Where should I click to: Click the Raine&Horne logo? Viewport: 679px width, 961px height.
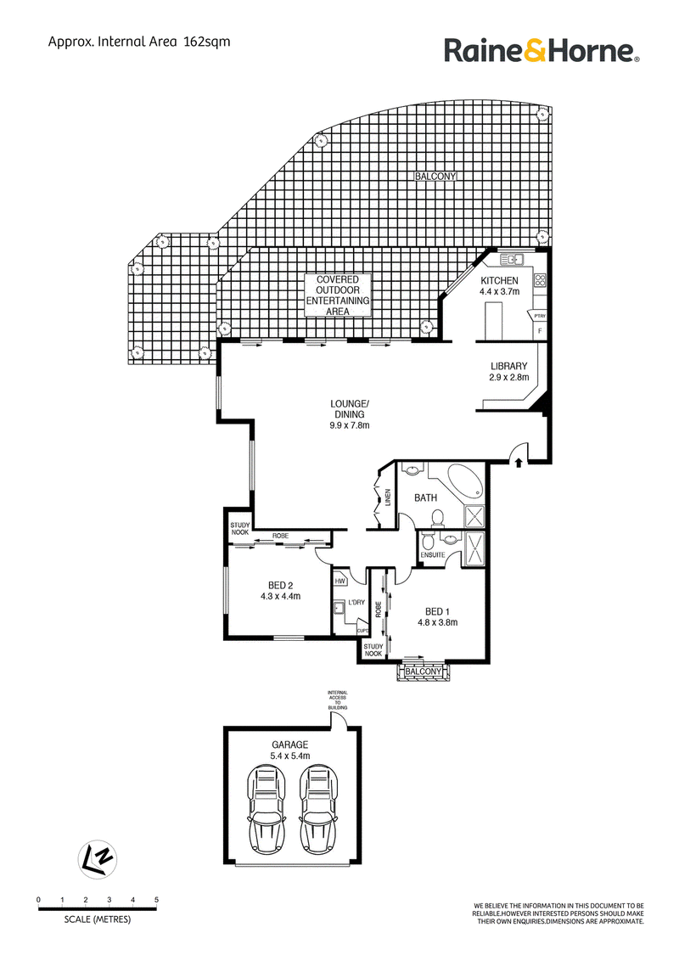(542, 51)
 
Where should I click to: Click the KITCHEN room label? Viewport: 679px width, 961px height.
(499, 281)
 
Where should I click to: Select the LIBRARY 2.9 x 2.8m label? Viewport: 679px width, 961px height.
(508, 372)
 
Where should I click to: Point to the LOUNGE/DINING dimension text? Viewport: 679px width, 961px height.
(350, 425)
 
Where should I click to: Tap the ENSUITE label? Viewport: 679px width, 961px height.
(433, 555)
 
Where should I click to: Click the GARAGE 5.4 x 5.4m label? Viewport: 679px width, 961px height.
(290, 750)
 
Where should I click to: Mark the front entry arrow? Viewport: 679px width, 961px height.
(519, 462)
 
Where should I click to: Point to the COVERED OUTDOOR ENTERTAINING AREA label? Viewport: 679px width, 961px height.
(338, 295)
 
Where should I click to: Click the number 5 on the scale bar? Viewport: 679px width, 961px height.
(156, 901)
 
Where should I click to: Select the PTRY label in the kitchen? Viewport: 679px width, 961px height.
(540, 317)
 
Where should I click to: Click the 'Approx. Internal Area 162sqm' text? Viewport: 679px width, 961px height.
(139, 42)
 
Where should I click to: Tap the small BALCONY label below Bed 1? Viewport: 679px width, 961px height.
(423, 672)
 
